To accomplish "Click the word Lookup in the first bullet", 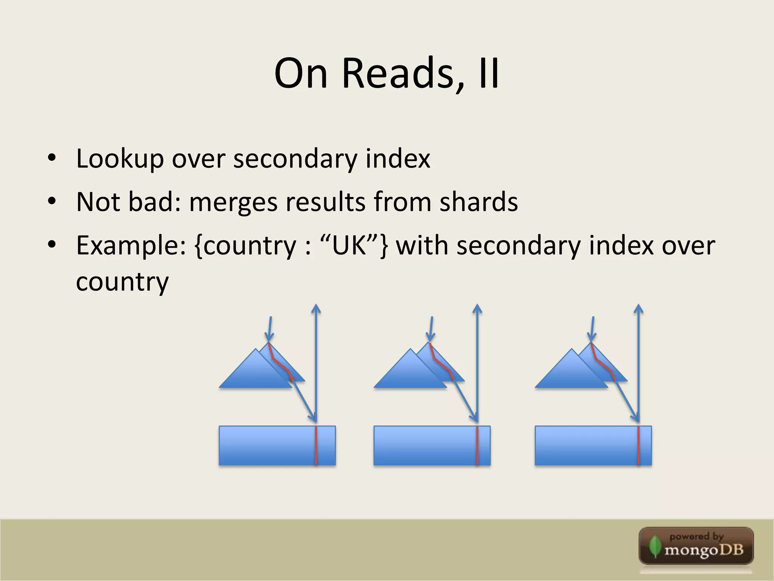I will tap(120, 158).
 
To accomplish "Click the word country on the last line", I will tap(122, 282).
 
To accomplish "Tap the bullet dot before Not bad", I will tap(52, 201).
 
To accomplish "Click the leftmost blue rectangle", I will tap(265, 446).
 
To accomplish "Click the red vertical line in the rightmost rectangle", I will tap(638, 446).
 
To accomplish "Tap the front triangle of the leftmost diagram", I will tap(253, 373).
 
